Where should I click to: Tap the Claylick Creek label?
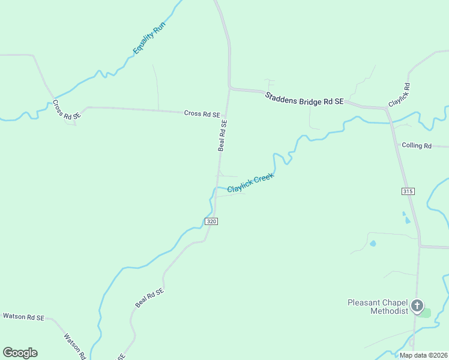(250, 183)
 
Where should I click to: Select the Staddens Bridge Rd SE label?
(304, 98)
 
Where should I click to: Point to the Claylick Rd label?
(399, 95)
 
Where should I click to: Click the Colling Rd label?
(417, 146)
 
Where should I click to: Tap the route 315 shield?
(408, 191)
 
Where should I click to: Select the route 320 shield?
(211, 221)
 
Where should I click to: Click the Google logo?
(20, 353)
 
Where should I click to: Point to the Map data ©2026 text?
(423, 355)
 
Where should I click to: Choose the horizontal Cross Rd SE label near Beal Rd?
(202, 113)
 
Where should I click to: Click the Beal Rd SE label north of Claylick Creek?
(223, 135)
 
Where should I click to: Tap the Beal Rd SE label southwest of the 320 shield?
(149, 298)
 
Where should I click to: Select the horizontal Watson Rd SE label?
(23, 316)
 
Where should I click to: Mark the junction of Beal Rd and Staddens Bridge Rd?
(229, 89)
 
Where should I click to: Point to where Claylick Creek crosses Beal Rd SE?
(217, 187)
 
